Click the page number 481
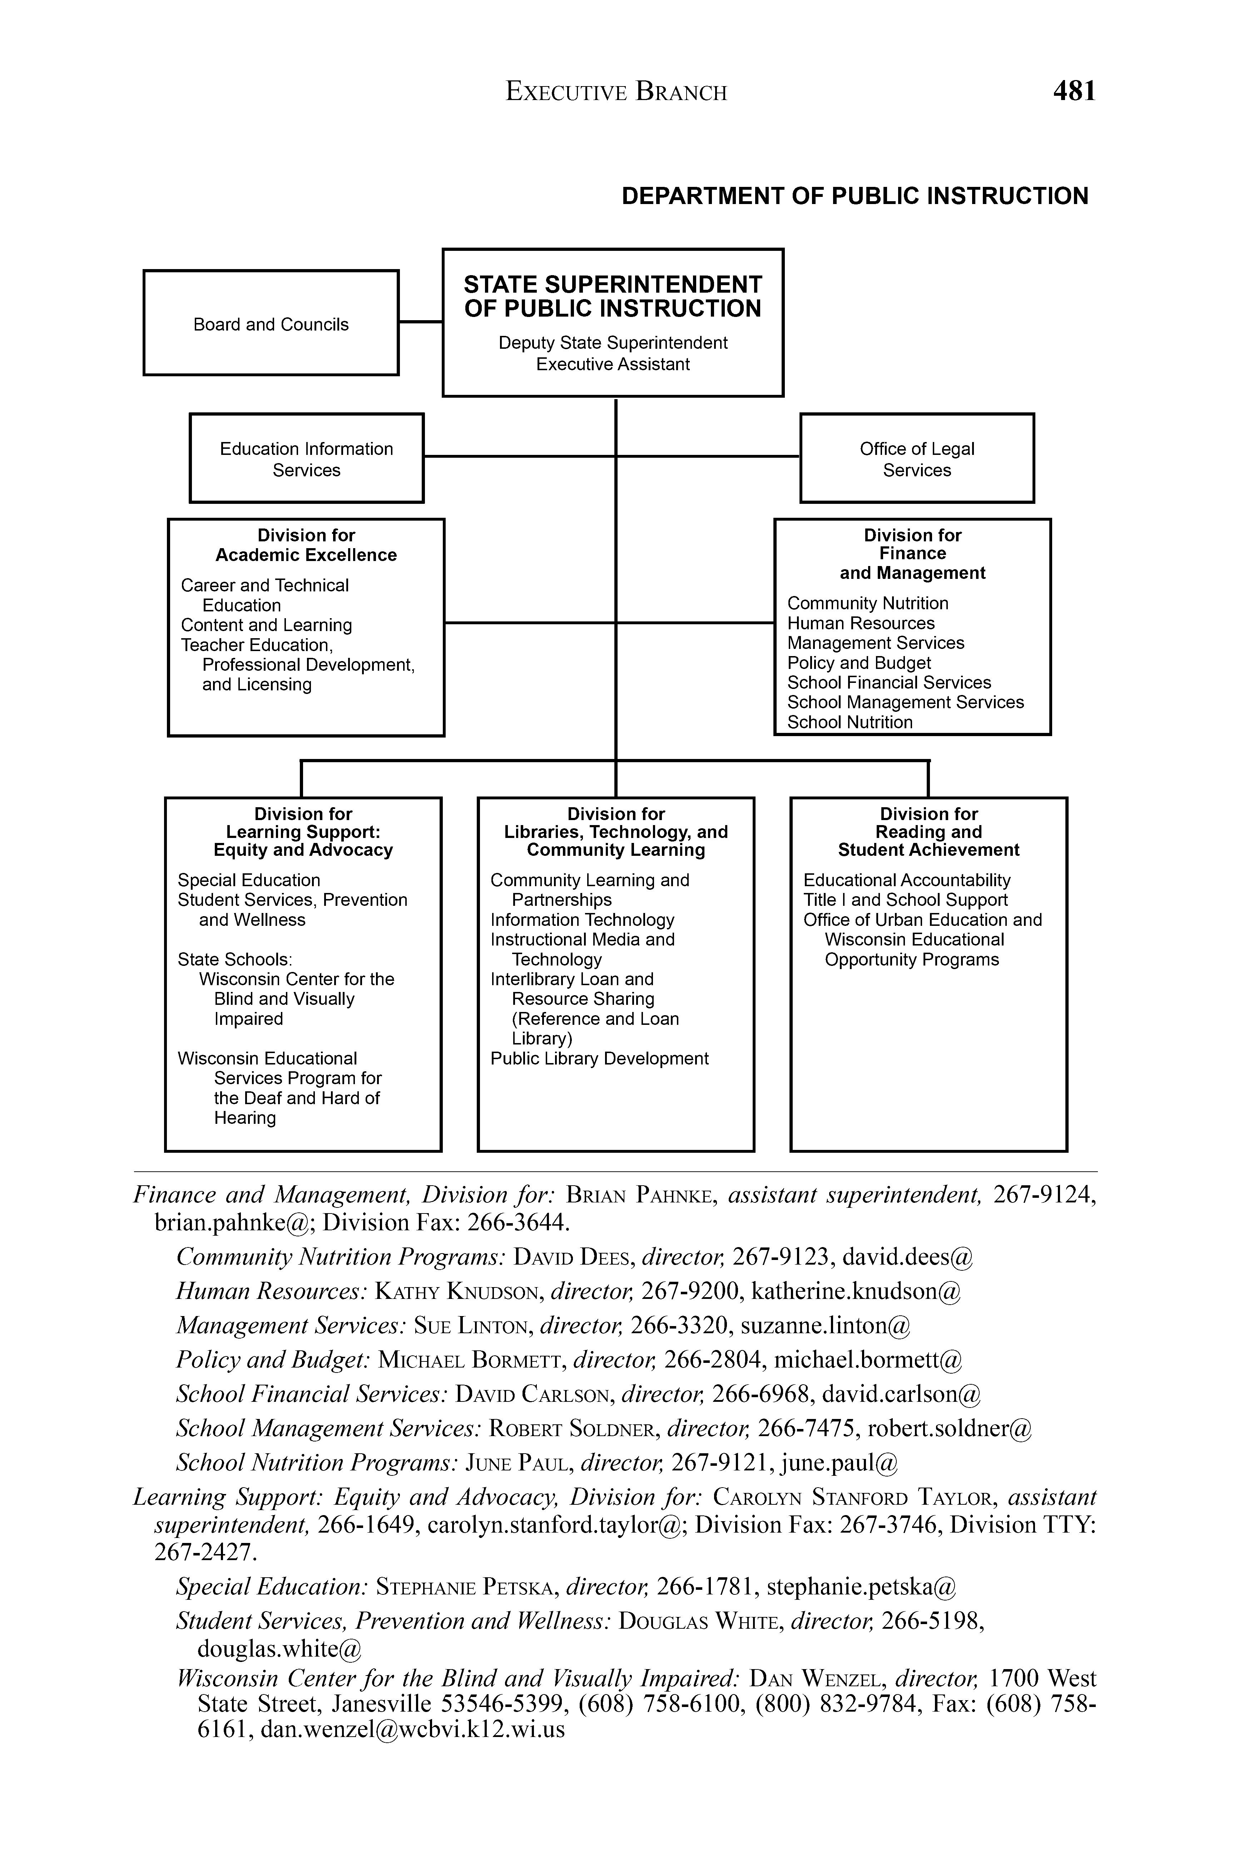[1074, 91]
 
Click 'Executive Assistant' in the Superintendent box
[613, 364]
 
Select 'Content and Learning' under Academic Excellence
[267, 625]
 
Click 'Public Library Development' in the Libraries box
[599, 1058]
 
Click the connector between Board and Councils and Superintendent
[420, 322]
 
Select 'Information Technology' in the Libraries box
[582, 920]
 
